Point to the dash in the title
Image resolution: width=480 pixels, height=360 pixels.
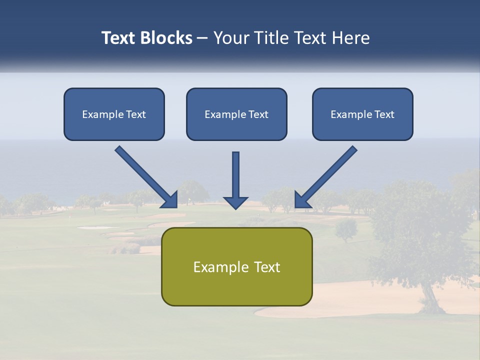202,38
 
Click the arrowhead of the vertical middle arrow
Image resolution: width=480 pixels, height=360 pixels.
235,202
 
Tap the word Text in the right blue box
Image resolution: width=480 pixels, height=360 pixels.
384,114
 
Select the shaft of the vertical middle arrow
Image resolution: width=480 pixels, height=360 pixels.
235,172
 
